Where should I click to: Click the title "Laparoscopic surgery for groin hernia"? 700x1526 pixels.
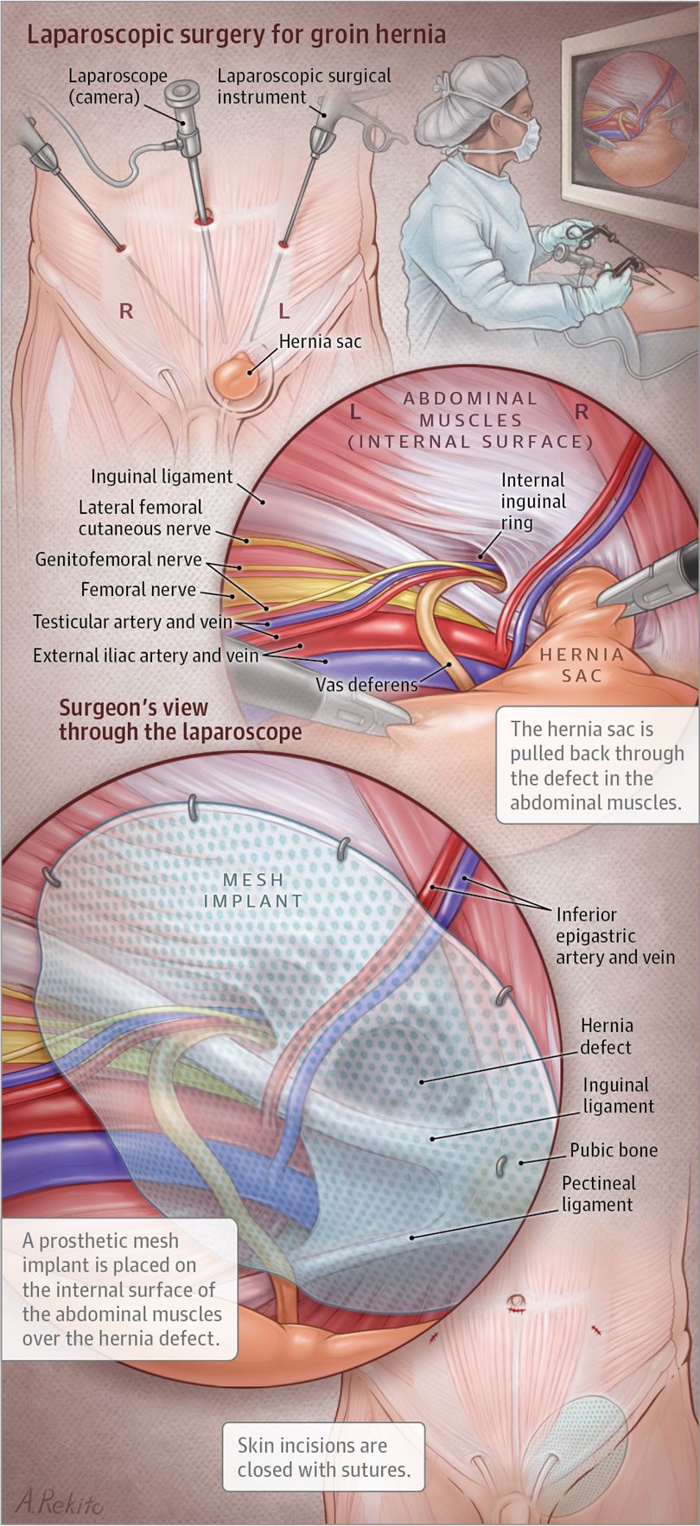(x=236, y=35)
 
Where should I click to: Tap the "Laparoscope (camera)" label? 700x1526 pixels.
(x=118, y=86)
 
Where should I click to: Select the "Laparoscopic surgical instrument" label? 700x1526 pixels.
(x=303, y=86)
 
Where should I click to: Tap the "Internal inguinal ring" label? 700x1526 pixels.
(x=532, y=501)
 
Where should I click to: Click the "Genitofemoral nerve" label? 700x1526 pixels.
(x=118, y=560)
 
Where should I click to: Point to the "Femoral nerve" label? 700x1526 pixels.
(x=138, y=590)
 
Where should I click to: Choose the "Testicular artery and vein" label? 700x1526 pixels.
(x=132, y=622)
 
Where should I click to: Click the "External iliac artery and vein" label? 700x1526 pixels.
(x=145, y=655)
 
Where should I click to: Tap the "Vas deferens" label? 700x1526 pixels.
(x=366, y=685)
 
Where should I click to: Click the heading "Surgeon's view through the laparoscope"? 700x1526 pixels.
(x=180, y=719)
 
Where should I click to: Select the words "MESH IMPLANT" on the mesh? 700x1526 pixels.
(x=253, y=890)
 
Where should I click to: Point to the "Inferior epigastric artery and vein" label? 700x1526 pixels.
(x=614, y=935)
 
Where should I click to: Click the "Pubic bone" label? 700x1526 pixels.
(x=614, y=1150)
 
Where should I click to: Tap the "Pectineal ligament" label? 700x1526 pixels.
(x=598, y=1194)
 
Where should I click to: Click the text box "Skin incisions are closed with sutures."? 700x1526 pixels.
(x=323, y=1457)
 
